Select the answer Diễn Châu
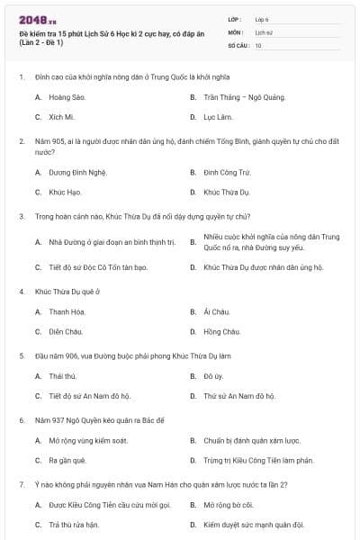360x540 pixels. coord(66,332)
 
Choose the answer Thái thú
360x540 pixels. coord(63,375)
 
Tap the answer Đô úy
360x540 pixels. coord(213,375)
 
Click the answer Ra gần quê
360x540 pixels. coord(67,461)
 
